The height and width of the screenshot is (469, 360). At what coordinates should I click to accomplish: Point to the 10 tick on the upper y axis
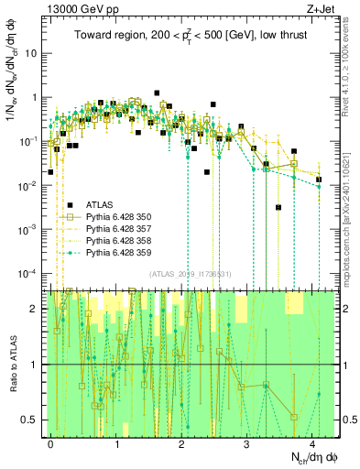coord(34,52)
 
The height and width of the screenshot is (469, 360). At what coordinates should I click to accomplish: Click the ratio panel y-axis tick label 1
coord(37,365)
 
